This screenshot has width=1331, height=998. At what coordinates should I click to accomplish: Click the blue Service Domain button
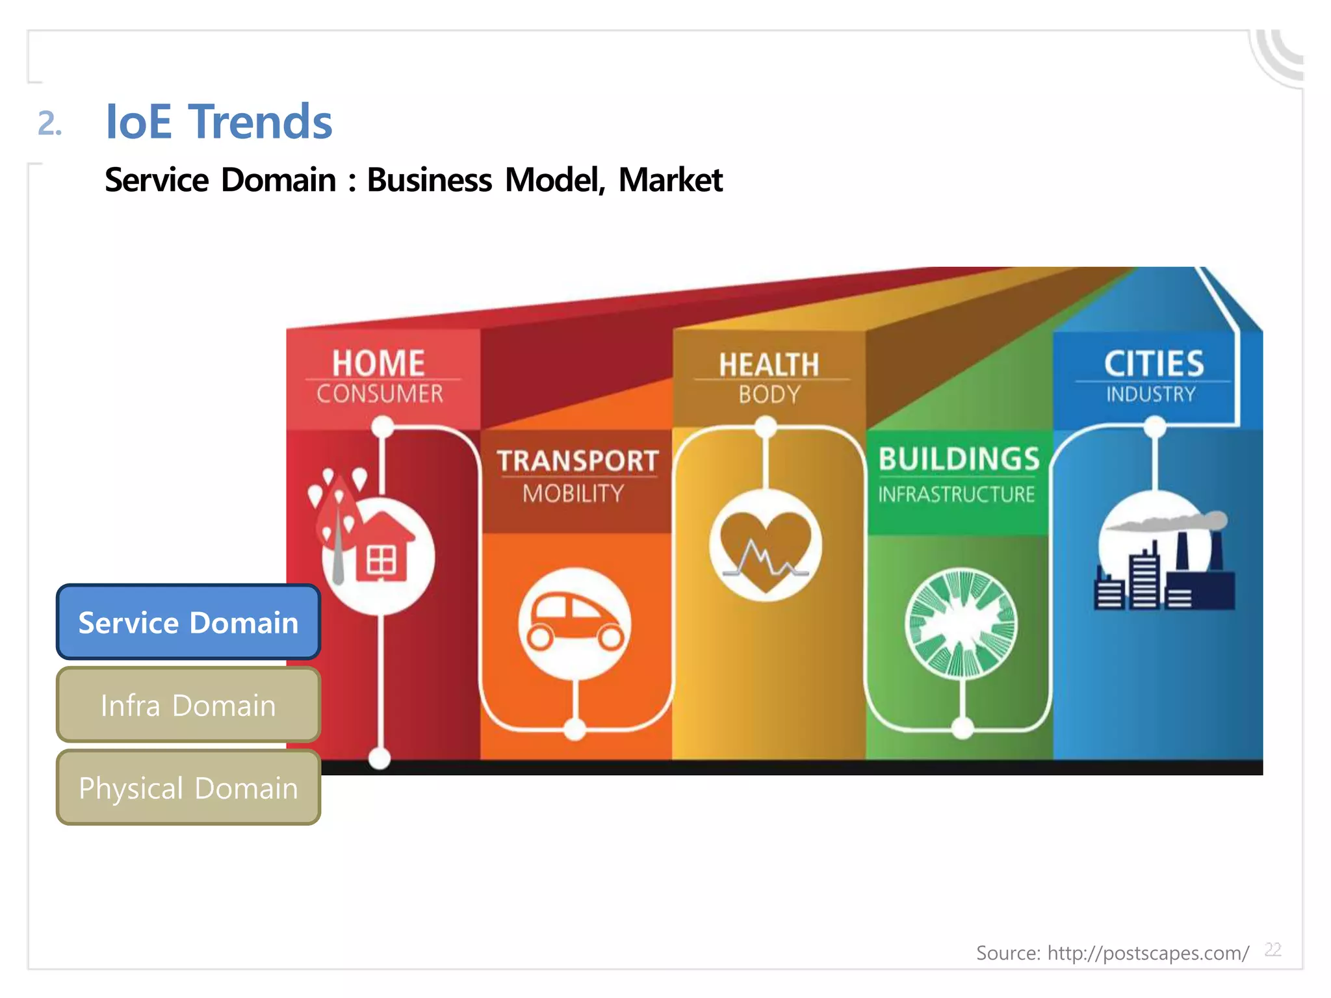(x=188, y=622)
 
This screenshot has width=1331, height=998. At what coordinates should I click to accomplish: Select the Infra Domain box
(x=188, y=705)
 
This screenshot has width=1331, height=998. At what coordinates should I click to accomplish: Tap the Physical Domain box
(x=188, y=787)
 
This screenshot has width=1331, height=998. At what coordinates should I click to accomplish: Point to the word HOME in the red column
(x=378, y=363)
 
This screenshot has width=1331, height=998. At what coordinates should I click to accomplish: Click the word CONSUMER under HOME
(x=380, y=394)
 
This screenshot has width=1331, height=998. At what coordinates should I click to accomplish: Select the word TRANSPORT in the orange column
(x=578, y=461)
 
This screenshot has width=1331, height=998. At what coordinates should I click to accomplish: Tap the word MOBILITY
(x=573, y=494)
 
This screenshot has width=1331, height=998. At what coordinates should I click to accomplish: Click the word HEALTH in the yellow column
(x=769, y=365)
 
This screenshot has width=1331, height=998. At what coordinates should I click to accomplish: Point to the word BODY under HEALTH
(x=769, y=394)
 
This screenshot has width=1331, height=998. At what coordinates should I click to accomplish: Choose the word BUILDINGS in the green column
(x=959, y=459)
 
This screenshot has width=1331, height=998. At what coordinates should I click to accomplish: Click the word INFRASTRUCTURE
(x=956, y=494)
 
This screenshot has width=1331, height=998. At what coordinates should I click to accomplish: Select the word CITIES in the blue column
(x=1154, y=363)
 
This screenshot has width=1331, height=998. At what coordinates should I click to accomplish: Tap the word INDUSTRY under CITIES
(x=1151, y=394)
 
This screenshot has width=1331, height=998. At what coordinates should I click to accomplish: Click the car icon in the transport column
(x=575, y=622)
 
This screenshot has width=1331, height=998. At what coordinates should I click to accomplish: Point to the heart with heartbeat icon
(x=765, y=546)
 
